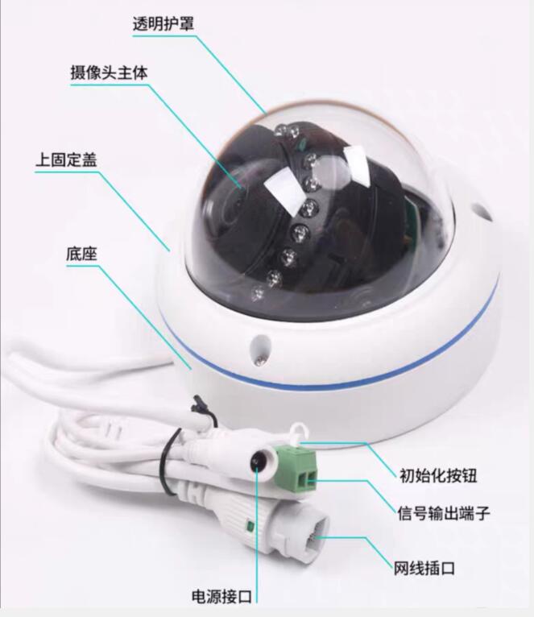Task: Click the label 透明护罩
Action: [164, 23]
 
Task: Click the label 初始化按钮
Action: [438, 474]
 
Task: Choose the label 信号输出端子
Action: [445, 511]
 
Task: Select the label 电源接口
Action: [222, 597]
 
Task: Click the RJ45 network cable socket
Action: [310, 536]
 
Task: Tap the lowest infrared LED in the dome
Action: [257, 292]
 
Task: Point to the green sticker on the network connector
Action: [251, 527]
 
